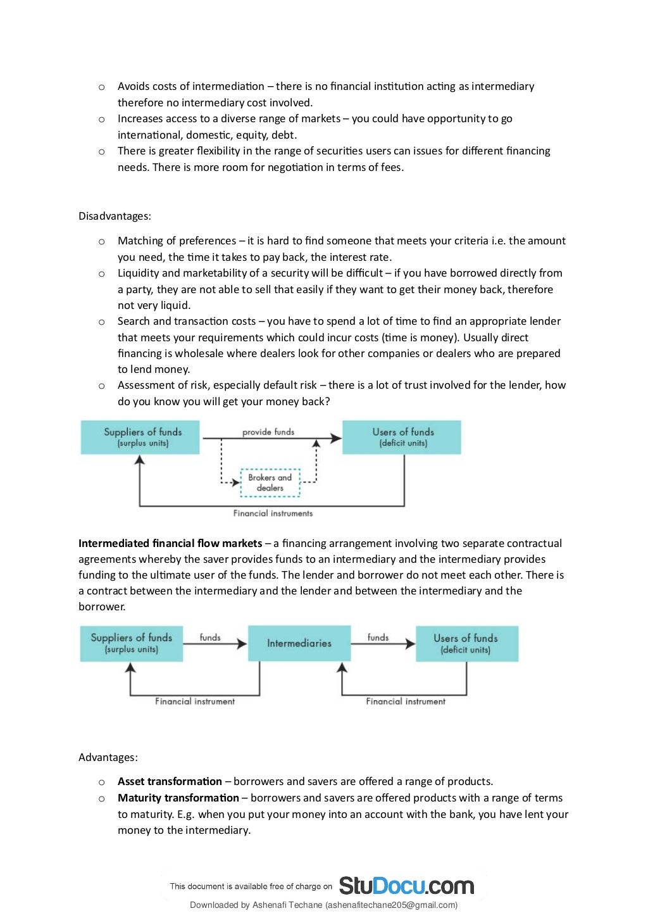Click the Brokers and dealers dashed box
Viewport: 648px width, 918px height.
(270, 482)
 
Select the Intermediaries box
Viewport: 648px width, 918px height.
(299, 643)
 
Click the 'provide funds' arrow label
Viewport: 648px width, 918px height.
(268, 432)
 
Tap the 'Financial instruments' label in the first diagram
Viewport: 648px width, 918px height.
(273, 513)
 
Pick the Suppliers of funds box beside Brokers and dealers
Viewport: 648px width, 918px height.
(140, 437)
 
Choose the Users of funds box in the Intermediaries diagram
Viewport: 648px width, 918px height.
(466, 643)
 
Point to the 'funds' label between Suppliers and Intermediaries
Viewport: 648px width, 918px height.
(210, 638)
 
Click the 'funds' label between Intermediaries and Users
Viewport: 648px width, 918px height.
(378, 638)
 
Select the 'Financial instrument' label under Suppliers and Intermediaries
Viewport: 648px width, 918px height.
(195, 701)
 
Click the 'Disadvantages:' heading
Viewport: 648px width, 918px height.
(115, 216)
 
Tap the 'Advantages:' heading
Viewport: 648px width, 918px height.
(108, 757)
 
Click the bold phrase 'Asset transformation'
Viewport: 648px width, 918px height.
(170, 781)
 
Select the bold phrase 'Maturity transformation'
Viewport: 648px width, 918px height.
(178, 798)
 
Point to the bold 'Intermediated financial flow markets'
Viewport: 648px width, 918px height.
(170, 543)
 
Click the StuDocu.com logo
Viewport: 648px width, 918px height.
(406, 885)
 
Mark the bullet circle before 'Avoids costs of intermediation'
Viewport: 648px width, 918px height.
(101, 87)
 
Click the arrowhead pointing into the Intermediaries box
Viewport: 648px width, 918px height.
(242, 644)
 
